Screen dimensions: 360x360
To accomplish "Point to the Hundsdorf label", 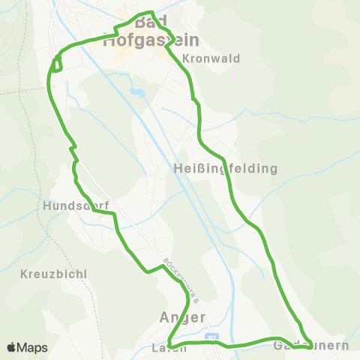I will (x=76, y=205).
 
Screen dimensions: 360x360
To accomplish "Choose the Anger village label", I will (x=183, y=316).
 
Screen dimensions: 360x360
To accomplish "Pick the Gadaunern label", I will (x=311, y=346).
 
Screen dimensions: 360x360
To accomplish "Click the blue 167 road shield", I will (x=214, y=338).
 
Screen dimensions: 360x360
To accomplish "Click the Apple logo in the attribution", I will (x=12, y=347).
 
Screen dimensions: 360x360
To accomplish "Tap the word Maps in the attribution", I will (x=33, y=347).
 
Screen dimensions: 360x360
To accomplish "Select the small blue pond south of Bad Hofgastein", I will (x=136, y=92).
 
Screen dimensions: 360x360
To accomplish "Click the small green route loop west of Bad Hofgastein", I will (x=55, y=64).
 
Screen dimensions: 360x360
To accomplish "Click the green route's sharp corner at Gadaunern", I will (x=311, y=346).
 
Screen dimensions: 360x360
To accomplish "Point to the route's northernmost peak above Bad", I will (x=152, y=12).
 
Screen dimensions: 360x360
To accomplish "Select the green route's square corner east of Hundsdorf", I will (x=115, y=214).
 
